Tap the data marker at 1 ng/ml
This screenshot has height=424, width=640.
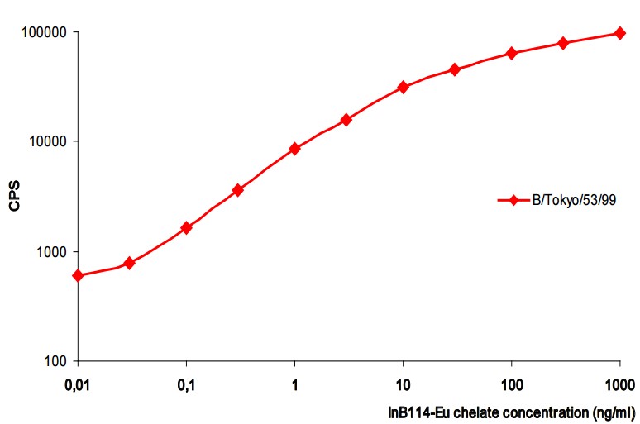point(294,149)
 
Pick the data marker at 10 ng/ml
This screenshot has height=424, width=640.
point(404,87)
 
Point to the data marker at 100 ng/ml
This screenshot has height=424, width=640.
point(512,53)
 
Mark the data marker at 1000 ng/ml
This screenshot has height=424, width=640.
point(620,33)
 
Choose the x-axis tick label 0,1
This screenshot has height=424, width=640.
point(186,386)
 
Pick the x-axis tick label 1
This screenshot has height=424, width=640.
point(295,386)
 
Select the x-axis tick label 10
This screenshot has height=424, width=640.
point(404,386)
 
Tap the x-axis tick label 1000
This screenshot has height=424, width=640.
point(620,386)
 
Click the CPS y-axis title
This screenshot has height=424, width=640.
point(14,197)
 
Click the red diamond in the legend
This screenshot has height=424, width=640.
point(513,200)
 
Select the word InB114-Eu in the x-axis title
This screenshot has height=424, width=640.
point(417,411)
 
